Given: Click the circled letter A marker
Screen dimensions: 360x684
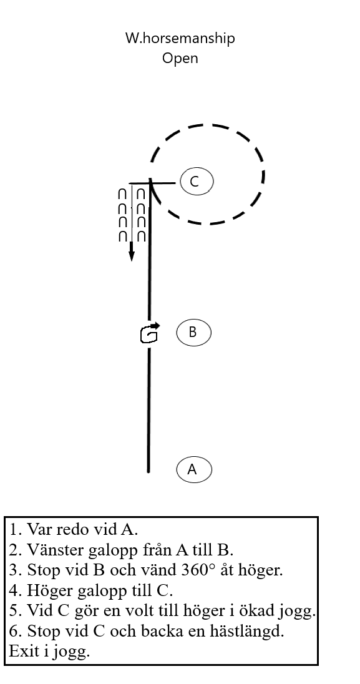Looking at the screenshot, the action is [x=194, y=469].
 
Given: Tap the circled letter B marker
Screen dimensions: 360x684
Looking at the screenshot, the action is [x=194, y=333].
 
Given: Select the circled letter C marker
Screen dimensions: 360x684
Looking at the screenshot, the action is [x=197, y=182].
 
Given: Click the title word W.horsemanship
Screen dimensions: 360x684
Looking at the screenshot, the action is [x=180, y=38].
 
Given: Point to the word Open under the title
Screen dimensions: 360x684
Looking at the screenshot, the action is [x=180, y=58].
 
